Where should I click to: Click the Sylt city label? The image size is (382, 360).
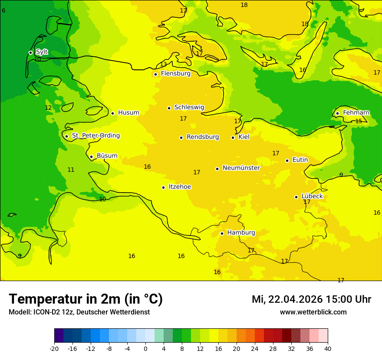[42, 52]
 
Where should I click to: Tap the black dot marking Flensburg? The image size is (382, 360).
[155, 74]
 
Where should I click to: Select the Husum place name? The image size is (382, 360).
[128, 113]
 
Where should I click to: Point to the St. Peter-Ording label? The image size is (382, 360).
[96, 136]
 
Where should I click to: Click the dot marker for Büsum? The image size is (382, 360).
[91, 157]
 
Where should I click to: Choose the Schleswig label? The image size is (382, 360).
[189, 107]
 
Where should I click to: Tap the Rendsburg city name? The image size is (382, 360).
[203, 137]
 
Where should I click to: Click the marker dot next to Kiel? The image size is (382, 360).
[233, 137]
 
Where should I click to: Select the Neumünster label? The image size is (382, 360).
[241, 168]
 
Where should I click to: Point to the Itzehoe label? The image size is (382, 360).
[180, 187]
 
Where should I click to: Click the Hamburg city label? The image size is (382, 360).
[241, 233]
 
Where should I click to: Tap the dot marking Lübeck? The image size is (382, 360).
[296, 197]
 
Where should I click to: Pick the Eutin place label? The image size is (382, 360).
[300, 160]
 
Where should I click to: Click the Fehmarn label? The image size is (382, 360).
[356, 113]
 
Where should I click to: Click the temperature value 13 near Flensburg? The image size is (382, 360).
[163, 65]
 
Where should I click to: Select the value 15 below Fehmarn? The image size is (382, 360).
[359, 121]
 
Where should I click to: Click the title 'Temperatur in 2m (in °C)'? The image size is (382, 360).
[86, 299]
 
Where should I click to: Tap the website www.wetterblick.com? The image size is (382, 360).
[313, 312]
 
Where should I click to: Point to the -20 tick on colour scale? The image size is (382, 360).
[54, 348]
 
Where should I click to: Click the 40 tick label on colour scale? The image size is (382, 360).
[328, 348]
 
